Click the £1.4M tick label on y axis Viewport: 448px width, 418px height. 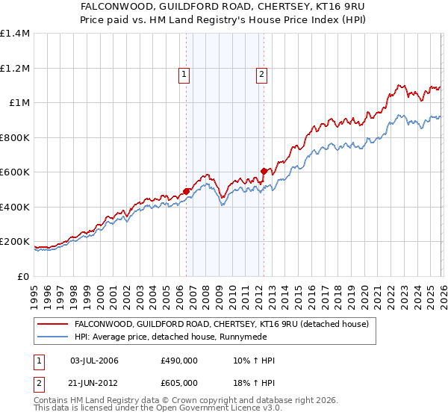[15, 34]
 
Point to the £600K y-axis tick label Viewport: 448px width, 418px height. [15, 172]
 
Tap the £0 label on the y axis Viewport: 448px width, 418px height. [22, 276]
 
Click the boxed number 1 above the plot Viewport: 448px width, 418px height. [184, 74]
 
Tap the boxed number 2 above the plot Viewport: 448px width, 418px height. [262, 74]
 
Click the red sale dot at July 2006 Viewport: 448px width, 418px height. [186, 191]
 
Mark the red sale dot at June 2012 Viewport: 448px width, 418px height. [264, 171]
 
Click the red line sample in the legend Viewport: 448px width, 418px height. [53, 325]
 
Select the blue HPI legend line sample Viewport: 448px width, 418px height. [53, 337]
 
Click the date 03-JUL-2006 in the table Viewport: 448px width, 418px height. [94, 361]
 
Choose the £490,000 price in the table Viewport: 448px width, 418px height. [178, 361]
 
